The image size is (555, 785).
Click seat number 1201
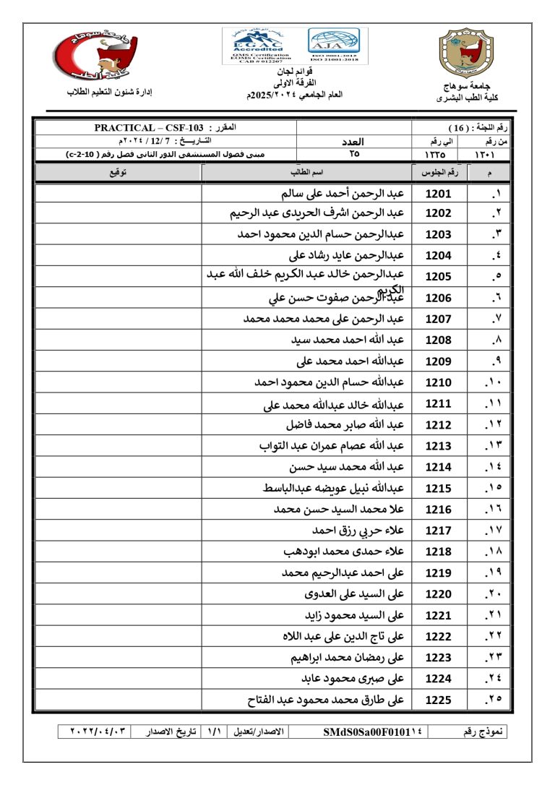tap(438, 194)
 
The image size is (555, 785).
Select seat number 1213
tap(438, 446)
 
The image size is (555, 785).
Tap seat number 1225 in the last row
tap(438, 700)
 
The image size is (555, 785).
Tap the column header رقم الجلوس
tap(439, 173)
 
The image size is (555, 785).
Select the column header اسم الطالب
tap(306, 173)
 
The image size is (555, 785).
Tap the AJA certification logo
tap(334, 44)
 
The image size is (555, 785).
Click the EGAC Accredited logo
tap(259, 45)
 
